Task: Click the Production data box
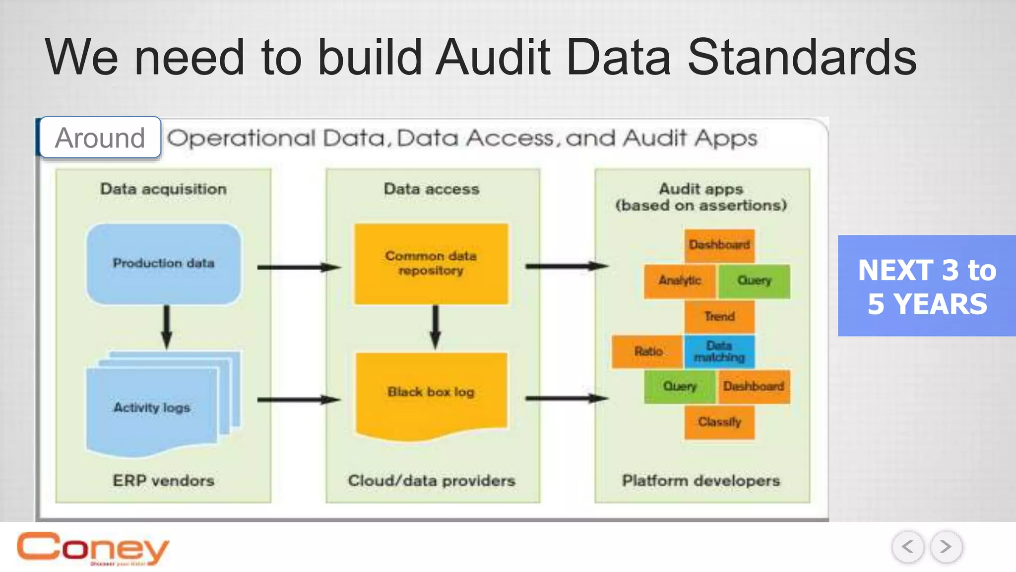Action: coord(163,263)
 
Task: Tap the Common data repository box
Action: coord(431,263)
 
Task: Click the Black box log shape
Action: coord(431,392)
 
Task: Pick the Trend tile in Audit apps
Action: coord(719,316)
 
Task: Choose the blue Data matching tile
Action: coord(719,352)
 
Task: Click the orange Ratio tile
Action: coord(648,352)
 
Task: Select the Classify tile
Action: coord(719,422)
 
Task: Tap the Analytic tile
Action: coord(680,281)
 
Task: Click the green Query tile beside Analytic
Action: coord(754,281)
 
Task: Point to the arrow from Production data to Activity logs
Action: coord(167,327)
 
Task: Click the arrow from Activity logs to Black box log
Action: coord(298,399)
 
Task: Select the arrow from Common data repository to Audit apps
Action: coord(566,267)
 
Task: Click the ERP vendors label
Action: coord(163,481)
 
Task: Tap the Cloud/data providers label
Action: coord(432,481)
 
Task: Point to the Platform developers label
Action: coord(701,481)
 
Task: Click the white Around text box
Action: coord(100,138)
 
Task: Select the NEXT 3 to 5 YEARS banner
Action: coord(927,286)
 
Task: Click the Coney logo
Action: coord(93,548)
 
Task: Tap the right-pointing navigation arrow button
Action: coord(946,547)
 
